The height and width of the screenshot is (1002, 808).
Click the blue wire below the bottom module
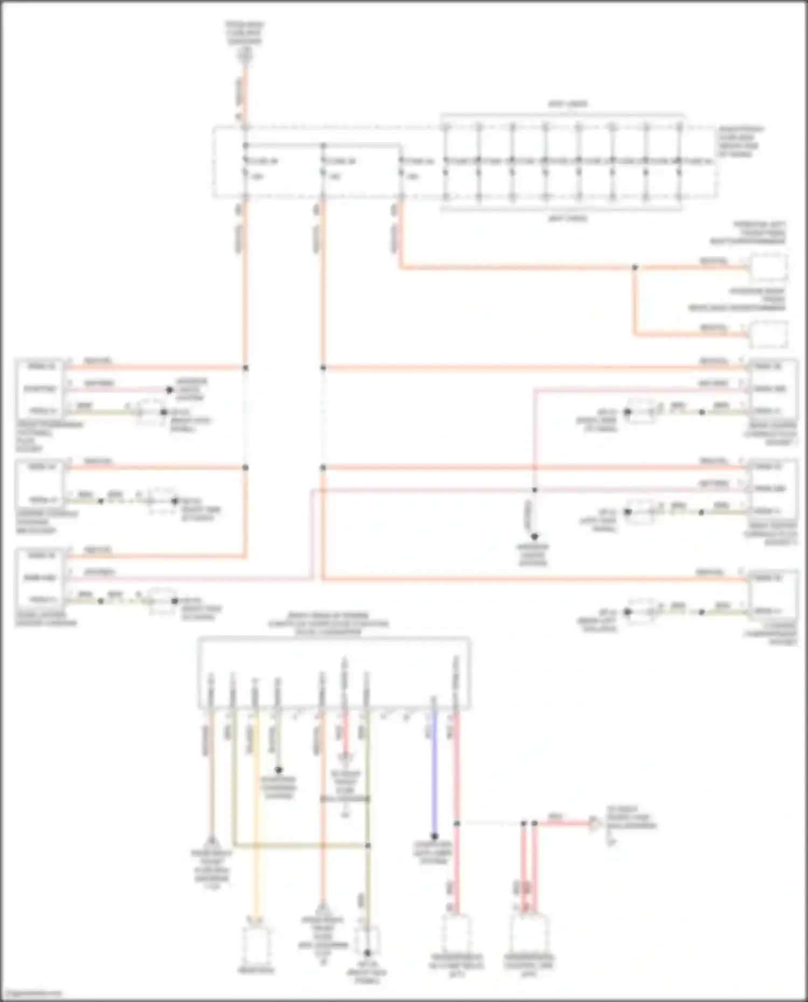[x=434, y=770]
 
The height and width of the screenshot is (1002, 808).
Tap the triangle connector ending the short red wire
[x=596, y=823]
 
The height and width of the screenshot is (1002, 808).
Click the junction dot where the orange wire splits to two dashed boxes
[x=635, y=267]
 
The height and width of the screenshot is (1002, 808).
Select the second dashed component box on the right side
[x=769, y=334]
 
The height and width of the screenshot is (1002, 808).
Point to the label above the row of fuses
[x=568, y=104]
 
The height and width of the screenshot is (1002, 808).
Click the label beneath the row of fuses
[x=568, y=219]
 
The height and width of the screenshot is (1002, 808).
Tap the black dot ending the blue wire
[x=434, y=837]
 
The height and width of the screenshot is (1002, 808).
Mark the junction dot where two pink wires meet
[x=535, y=490]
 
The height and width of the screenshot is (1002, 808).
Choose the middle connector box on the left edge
[x=40, y=483]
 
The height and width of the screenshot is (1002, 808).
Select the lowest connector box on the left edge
[x=40, y=578]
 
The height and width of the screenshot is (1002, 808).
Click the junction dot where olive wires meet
[x=368, y=846]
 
